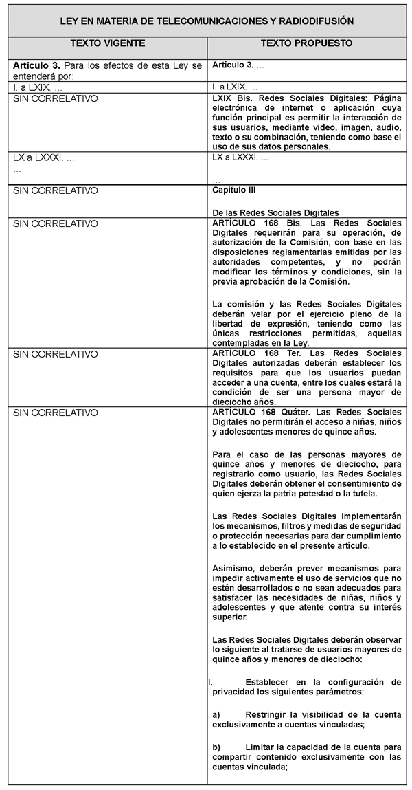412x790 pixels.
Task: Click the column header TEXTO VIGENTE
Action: (108, 43)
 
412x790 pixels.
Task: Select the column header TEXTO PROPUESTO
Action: (306, 43)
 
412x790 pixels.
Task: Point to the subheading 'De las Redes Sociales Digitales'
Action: (276, 212)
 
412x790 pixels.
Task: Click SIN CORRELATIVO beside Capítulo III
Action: (56, 190)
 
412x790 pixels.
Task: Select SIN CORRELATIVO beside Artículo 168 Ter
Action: (56, 354)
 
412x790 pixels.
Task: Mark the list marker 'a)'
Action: (217, 714)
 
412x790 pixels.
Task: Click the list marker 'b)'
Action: (217, 747)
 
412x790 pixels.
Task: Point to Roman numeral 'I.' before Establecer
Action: (209, 682)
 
